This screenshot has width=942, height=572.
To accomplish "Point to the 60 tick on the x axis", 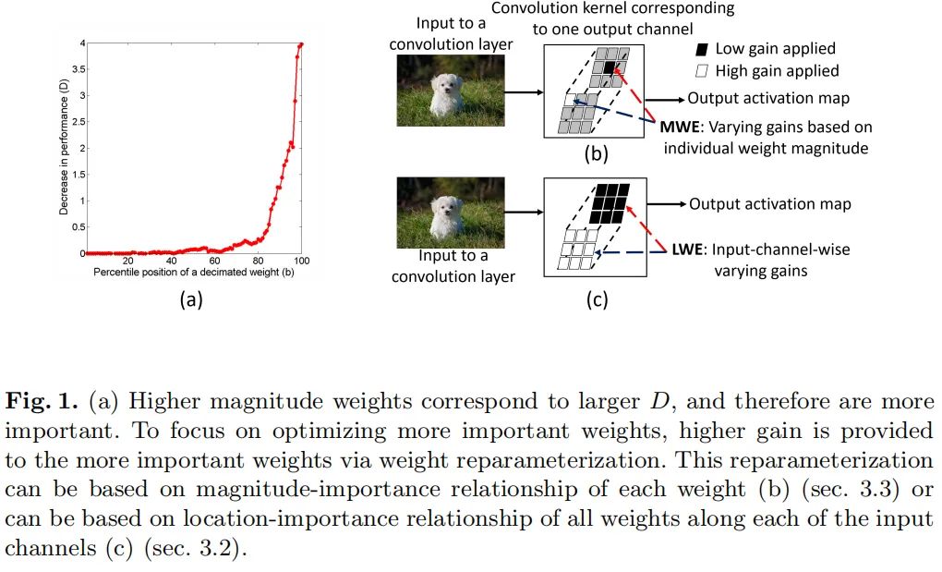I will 214,261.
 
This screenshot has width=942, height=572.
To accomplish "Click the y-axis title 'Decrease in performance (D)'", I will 64,148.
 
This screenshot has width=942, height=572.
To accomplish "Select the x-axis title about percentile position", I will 193,274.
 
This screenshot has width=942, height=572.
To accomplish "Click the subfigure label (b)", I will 596,154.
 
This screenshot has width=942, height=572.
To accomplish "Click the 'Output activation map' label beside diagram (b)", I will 768,99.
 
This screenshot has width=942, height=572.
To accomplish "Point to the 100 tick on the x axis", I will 301,261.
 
